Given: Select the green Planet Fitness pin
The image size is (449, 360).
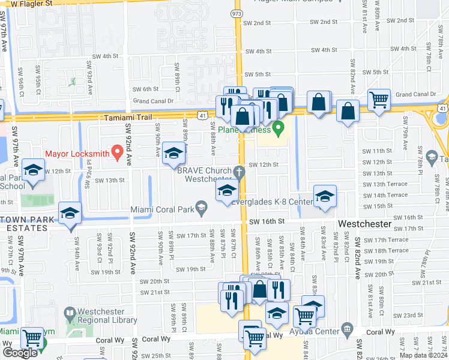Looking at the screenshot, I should [x=277, y=128].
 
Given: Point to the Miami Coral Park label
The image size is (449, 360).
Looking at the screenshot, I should [x=164, y=209].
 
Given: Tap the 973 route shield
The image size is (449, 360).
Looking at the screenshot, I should [x=238, y=13].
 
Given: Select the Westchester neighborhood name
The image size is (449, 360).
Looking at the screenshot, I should [x=365, y=223].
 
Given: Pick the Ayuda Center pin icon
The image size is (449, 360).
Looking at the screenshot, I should [x=347, y=328].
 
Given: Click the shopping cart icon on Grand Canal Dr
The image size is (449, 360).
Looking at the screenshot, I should [x=379, y=100].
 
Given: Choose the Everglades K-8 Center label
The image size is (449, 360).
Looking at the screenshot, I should [x=270, y=202].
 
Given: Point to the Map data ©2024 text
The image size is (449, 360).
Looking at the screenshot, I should [x=424, y=355].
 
